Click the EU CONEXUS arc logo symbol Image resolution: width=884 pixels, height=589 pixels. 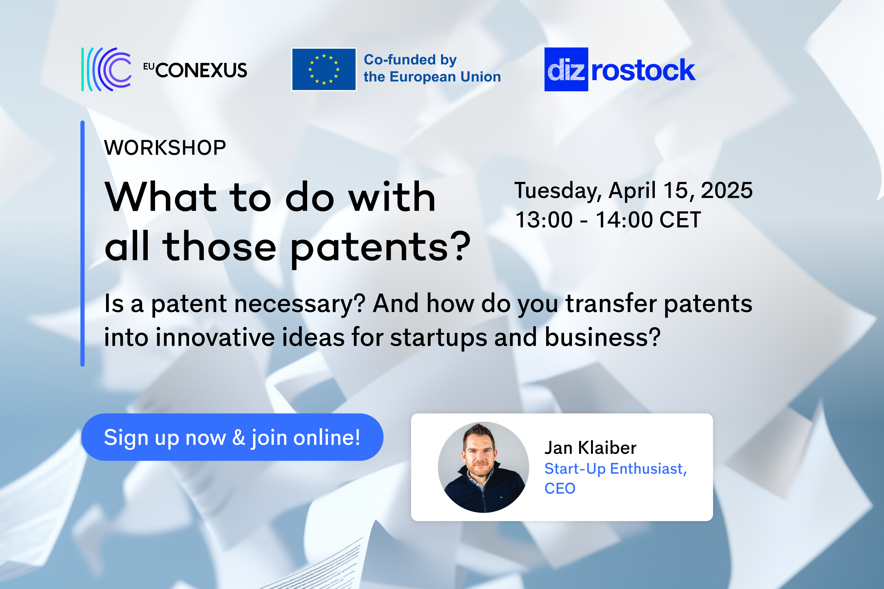click(106, 69)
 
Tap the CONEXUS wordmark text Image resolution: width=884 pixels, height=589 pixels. click(201, 70)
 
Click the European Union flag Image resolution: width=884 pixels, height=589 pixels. click(324, 69)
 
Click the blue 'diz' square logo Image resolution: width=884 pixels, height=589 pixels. click(566, 69)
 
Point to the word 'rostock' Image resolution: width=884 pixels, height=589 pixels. click(643, 70)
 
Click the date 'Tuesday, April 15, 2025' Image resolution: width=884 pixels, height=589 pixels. click(633, 190)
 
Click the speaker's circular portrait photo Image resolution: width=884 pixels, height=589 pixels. click(483, 467)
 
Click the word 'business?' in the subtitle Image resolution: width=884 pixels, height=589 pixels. click(603, 337)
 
